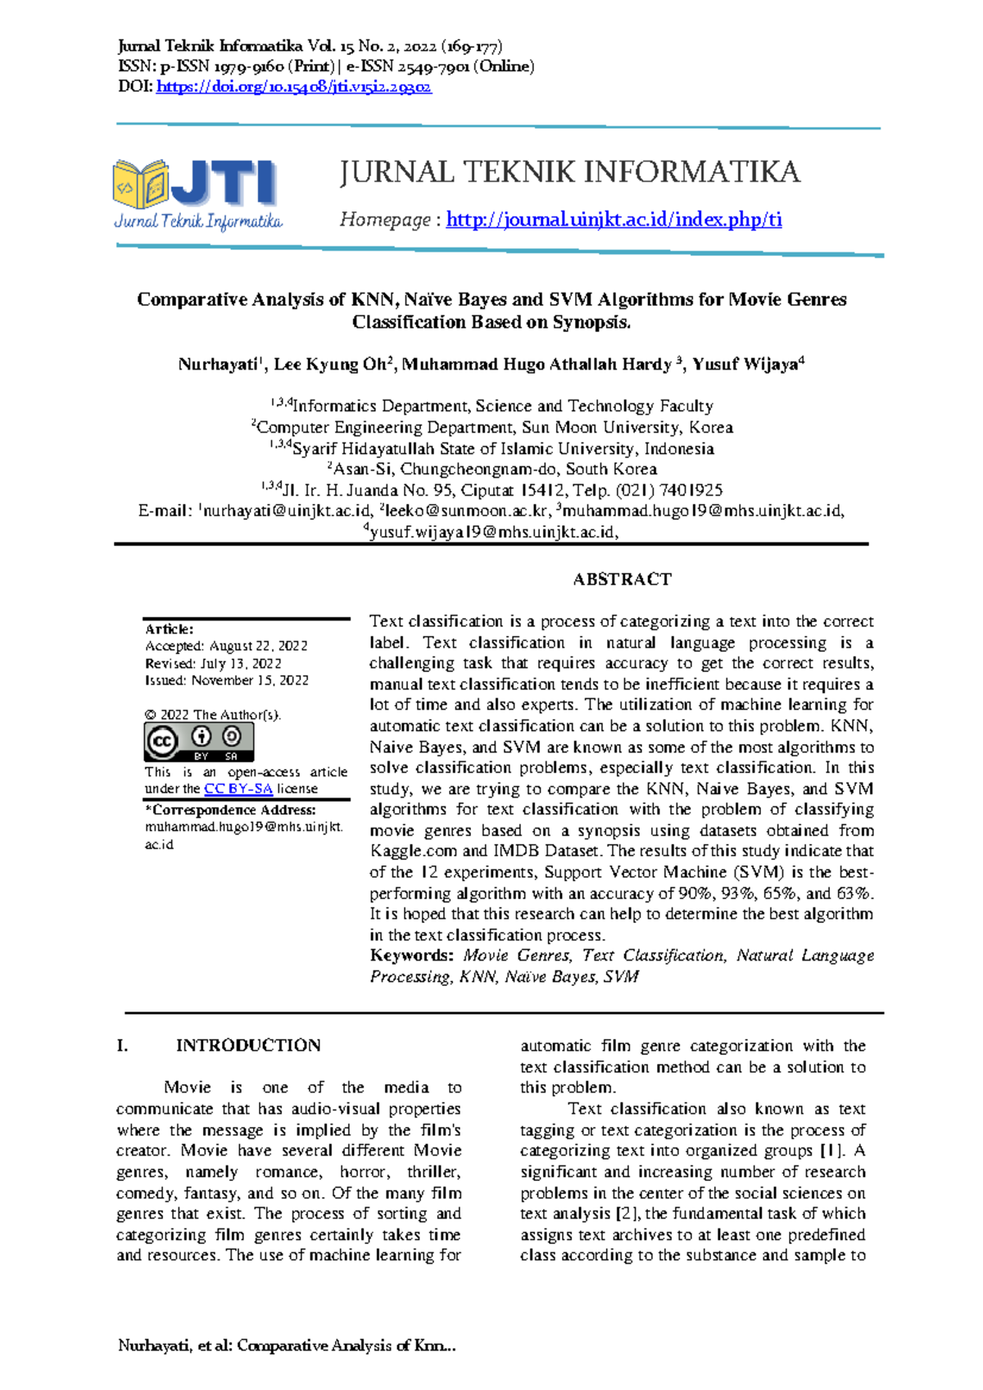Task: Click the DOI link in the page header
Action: (x=293, y=87)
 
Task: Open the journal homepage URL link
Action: (x=614, y=220)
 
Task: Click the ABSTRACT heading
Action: (x=622, y=579)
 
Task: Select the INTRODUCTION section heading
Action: (x=247, y=1046)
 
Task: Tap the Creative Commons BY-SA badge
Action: (x=199, y=743)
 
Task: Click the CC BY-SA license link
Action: (x=238, y=788)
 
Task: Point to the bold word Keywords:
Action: (x=411, y=956)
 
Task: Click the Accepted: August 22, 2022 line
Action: (x=226, y=646)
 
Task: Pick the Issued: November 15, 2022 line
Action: (x=227, y=680)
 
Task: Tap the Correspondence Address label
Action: (x=230, y=810)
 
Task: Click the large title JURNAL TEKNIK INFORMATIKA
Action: (x=569, y=172)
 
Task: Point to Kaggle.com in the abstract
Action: (x=414, y=852)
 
